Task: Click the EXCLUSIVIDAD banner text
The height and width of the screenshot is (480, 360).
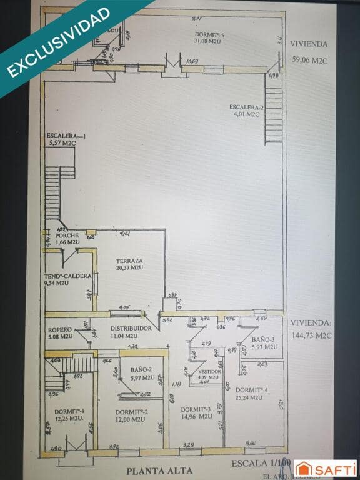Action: (x=59, y=42)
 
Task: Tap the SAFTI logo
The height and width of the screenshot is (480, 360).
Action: (x=326, y=468)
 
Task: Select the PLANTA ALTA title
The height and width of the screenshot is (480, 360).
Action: (x=159, y=471)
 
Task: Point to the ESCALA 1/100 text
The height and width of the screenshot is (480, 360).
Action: (x=261, y=464)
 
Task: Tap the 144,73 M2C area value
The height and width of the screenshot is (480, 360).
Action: (x=311, y=335)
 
